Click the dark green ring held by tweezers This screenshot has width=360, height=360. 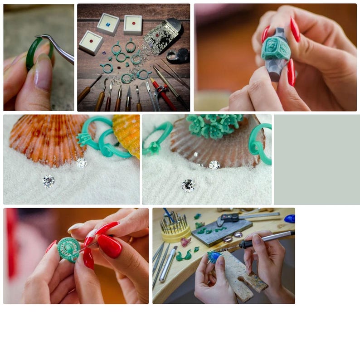pyautogui.click(x=32, y=54)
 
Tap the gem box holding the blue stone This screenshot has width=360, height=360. pyautogui.click(x=108, y=24)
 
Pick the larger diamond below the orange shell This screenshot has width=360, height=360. pyautogui.click(x=49, y=181)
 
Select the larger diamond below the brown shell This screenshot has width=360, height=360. pyautogui.click(x=188, y=185)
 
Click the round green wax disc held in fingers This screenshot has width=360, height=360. pyautogui.click(x=68, y=249)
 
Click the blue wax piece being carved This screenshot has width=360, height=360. pyautogui.click(x=213, y=257)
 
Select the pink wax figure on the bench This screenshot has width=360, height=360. pyautogui.click(x=185, y=242)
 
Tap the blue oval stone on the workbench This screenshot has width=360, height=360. pyautogui.click(x=289, y=219)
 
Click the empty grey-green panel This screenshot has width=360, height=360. pyautogui.click(x=316, y=159)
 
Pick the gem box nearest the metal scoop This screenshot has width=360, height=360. pyautogui.click(x=133, y=24)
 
